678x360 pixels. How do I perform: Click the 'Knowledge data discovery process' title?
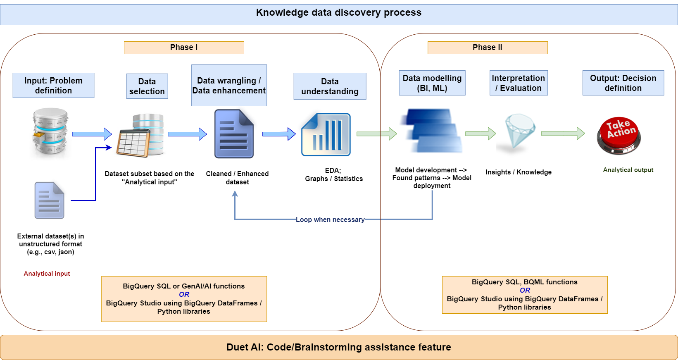tap(339, 13)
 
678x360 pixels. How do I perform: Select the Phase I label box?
tap(184, 48)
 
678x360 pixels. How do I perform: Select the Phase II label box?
tap(488, 48)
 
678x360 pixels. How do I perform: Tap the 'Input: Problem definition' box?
tap(53, 86)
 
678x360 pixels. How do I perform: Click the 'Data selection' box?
tap(147, 87)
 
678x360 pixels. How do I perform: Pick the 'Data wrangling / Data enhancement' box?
tap(229, 86)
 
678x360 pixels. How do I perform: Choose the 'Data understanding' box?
tap(330, 87)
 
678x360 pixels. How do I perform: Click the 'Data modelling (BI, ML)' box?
tap(432, 83)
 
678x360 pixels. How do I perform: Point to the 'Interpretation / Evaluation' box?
tap(519, 83)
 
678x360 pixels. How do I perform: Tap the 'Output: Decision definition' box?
tap(623, 83)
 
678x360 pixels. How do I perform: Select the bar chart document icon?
tap(326, 134)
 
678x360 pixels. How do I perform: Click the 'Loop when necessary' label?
tap(330, 220)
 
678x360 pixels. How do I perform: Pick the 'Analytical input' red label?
tap(47, 274)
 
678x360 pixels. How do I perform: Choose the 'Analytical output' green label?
tap(628, 170)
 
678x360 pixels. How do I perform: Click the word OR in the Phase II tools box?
tap(525, 291)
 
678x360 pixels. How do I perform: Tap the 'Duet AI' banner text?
tap(339, 347)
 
